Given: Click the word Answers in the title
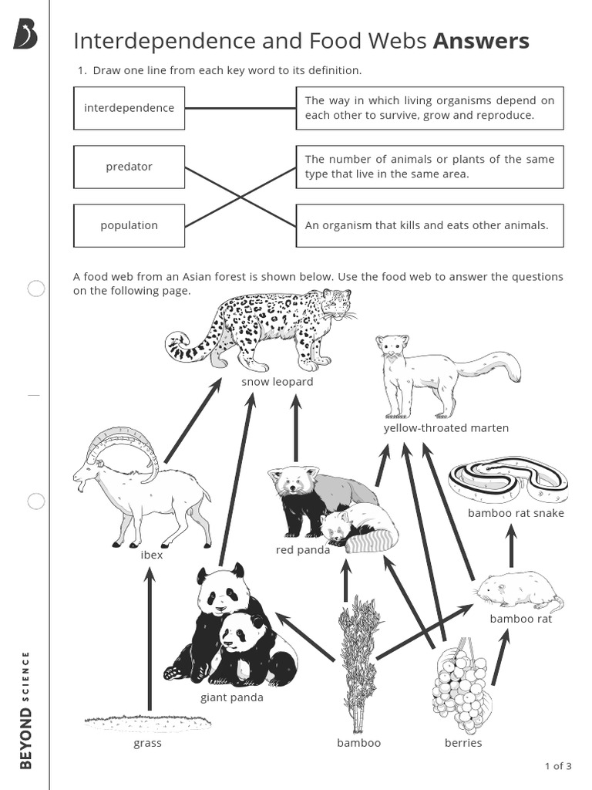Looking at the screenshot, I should click(481, 41).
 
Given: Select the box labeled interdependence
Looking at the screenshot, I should click(129, 108).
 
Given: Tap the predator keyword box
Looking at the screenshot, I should click(129, 167).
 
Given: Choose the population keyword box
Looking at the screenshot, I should click(129, 225).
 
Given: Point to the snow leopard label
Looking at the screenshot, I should click(277, 382).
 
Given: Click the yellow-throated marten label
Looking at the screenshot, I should click(446, 428).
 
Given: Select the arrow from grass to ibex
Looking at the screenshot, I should click(150, 640).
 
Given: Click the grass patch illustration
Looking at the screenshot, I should click(147, 723).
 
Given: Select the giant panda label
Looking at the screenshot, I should click(231, 697).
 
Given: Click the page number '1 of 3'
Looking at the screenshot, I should click(557, 766).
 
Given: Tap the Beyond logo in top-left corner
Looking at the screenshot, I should click(25, 35).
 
